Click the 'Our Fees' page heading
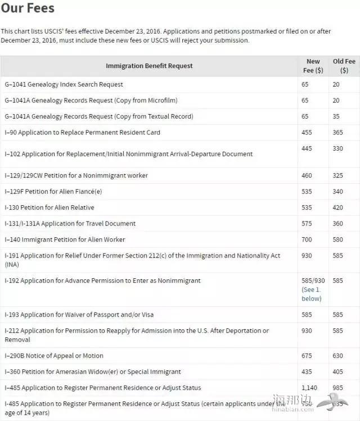click(x=28, y=9)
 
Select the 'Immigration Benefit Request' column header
click(x=149, y=66)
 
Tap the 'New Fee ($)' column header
click(x=313, y=66)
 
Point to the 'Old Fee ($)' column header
click(x=344, y=66)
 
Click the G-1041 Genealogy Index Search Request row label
click(x=64, y=84)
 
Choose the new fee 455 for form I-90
click(x=307, y=133)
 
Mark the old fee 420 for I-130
click(x=338, y=207)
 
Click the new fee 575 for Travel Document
click(x=307, y=224)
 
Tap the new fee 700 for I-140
click(x=307, y=239)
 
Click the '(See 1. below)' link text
click(x=312, y=294)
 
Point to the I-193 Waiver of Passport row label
click(x=79, y=315)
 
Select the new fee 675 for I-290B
click(x=307, y=356)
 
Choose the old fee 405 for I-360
click(x=338, y=372)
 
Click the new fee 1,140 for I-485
click(x=310, y=388)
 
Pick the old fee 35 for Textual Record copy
click(x=336, y=116)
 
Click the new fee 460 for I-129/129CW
click(x=307, y=176)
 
